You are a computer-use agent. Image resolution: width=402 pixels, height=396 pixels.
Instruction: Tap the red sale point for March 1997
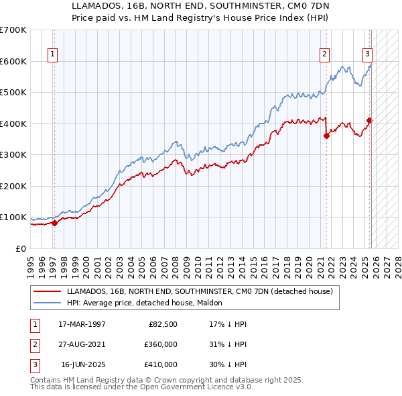tap(54, 224)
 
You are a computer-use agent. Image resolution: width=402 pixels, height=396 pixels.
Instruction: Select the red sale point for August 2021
tap(326, 136)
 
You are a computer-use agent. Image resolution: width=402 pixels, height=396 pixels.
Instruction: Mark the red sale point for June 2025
tap(369, 121)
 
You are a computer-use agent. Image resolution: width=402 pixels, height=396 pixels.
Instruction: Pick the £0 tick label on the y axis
tap(20, 248)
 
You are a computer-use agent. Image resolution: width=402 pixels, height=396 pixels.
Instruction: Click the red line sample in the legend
tap(46, 291)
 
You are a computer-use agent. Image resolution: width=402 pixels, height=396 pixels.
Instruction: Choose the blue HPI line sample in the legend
tap(46, 303)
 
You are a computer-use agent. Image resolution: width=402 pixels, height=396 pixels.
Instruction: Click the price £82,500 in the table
tap(163, 324)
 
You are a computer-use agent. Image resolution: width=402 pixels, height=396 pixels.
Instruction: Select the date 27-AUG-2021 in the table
tap(82, 344)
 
